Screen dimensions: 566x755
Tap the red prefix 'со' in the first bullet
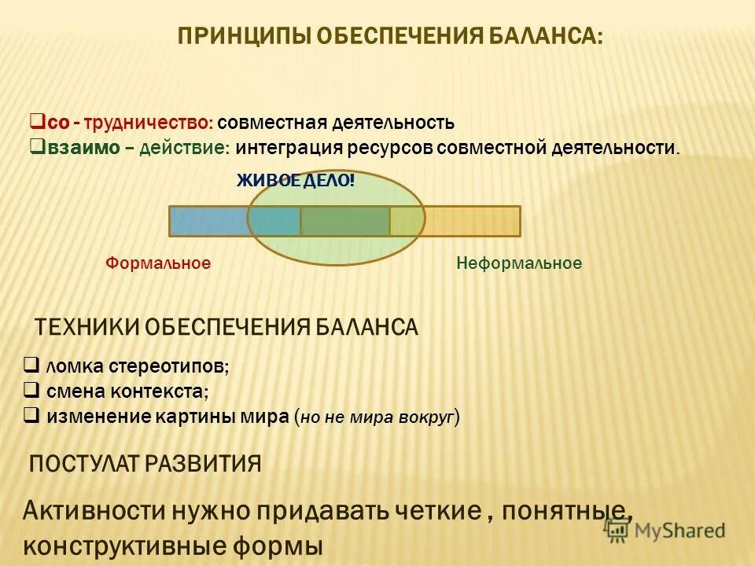pos(55,123)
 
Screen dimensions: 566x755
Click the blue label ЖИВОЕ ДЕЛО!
pos(296,181)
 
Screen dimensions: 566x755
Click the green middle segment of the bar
pos(344,221)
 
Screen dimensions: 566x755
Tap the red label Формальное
pos(158,263)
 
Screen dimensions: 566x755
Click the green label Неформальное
pos(519,263)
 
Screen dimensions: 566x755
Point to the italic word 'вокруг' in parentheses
pos(429,417)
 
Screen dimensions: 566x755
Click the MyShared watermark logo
pos(665,531)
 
